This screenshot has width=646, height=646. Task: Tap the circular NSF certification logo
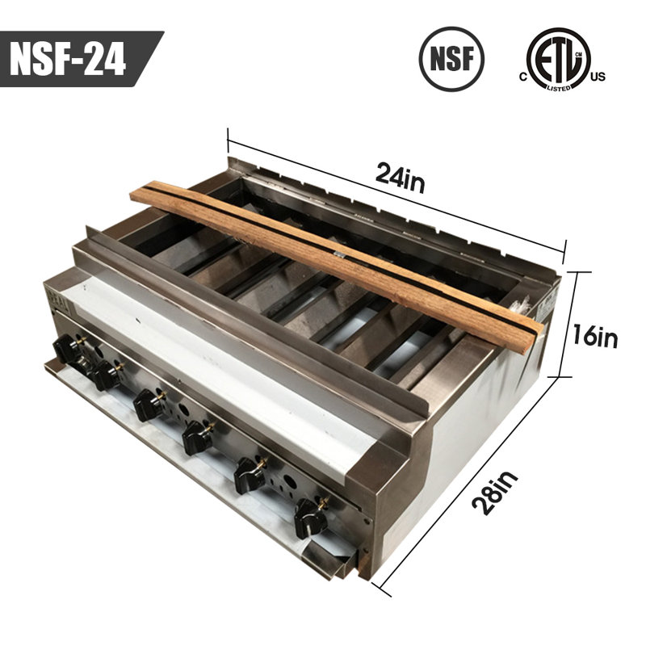[x=451, y=59]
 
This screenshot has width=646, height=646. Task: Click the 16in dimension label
[x=595, y=336]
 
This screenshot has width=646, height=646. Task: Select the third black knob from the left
[x=149, y=405]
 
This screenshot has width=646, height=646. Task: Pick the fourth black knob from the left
[x=199, y=438]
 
